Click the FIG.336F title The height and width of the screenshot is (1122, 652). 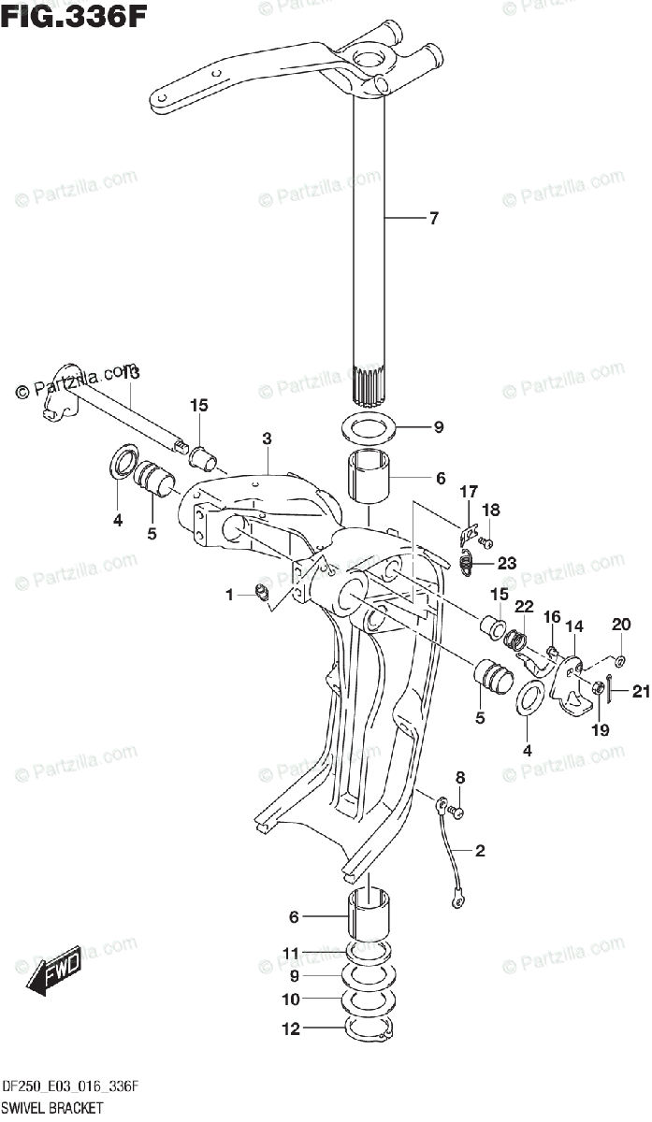click(x=73, y=16)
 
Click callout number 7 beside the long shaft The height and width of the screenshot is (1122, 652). click(x=433, y=220)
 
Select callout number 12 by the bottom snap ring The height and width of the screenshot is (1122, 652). click(x=292, y=1029)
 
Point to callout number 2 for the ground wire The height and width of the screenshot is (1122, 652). click(x=480, y=851)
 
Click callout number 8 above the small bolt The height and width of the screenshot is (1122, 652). click(x=459, y=778)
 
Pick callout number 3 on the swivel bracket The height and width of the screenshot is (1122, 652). click(x=267, y=438)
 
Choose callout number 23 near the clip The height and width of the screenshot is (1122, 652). click(x=506, y=563)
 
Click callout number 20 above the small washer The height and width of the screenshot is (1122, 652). click(x=621, y=624)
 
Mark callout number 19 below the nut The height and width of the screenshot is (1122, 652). click(x=600, y=729)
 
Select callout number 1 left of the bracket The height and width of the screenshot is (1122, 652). click(x=229, y=595)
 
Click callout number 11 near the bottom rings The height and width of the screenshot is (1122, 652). click(x=291, y=954)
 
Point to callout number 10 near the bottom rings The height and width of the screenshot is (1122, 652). click(x=292, y=1000)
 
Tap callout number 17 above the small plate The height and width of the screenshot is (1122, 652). click(x=468, y=492)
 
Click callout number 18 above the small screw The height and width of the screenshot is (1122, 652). click(x=491, y=510)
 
